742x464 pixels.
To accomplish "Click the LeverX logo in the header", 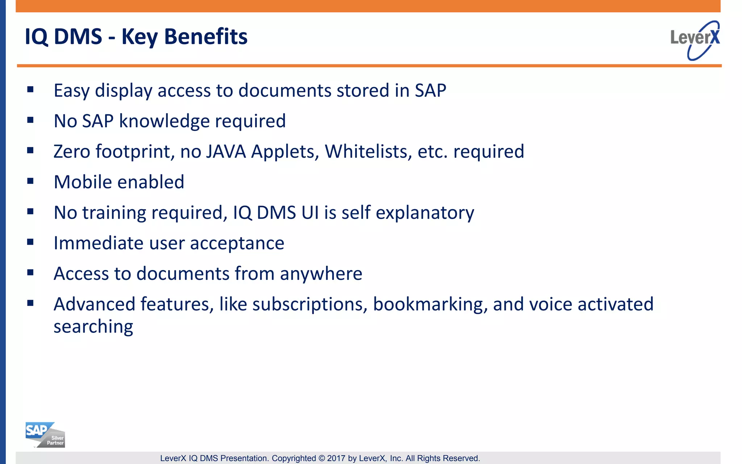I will tap(695, 40).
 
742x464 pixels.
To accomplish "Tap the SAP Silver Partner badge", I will tap(45, 435).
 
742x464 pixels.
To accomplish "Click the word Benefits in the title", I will tap(206, 37).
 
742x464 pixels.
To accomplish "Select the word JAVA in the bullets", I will tap(226, 152).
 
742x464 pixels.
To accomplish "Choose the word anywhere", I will tap(321, 274).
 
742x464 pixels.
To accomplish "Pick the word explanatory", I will tap(425, 213).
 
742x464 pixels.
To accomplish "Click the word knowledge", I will tap(164, 121).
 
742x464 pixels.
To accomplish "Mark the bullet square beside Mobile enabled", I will tap(30, 181).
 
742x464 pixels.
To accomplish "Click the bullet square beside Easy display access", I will tap(30, 89).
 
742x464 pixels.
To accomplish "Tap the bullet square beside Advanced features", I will tap(30, 303).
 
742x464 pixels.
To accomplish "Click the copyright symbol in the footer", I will tap(322, 458).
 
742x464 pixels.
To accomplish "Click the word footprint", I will tap(133, 152).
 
